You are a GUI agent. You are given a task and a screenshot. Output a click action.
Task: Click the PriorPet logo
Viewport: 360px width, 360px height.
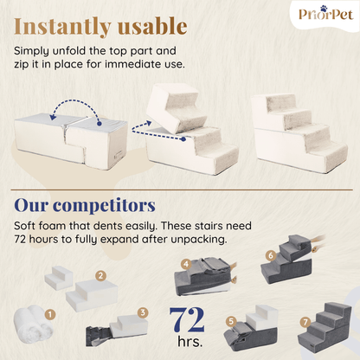pos(325,13)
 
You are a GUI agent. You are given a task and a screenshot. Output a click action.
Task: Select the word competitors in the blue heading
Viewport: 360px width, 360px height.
pos(104,206)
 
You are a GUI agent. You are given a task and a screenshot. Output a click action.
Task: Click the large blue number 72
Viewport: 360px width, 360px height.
pos(187,319)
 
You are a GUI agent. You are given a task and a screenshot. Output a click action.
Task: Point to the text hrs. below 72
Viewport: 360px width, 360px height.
pos(190,341)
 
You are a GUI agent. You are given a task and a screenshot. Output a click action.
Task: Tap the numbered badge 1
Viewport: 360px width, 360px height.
pos(50,314)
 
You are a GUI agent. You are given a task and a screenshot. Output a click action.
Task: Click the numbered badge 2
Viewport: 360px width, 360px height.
pos(100,276)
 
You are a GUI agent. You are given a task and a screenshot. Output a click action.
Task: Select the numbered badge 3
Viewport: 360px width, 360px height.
pos(143,312)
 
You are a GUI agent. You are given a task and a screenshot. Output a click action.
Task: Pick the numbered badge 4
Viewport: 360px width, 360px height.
pos(186,264)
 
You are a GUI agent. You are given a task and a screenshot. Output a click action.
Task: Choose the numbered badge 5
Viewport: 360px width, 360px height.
pos(231,321)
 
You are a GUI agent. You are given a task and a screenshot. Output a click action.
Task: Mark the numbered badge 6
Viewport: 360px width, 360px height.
pos(271,255)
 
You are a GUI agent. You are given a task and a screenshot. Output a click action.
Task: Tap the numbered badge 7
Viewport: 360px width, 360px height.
pos(305,322)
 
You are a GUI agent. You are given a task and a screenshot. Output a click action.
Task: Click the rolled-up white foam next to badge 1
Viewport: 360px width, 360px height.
pos(32,324)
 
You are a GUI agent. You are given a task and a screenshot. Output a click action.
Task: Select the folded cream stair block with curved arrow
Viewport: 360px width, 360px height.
pos(71,140)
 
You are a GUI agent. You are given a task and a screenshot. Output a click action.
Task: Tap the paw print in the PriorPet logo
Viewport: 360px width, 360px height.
pos(325,8)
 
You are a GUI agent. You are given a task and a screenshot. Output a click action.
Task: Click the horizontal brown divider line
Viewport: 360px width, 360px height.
pos(182,190)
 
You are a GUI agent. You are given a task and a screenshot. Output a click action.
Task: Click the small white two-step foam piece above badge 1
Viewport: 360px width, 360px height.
pos(59,278)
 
